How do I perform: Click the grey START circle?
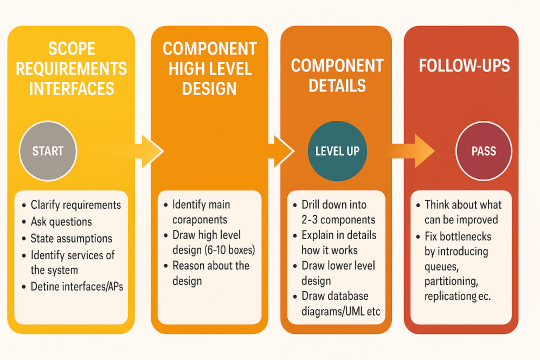pyautogui.click(x=48, y=151)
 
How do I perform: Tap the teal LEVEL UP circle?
pyautogui.click(x=337, y=151)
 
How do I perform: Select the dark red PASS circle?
pyautogui.click(x=484, y=151)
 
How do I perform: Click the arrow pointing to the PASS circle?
pyautogui.click(x=413, y=151)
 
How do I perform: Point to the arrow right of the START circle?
pyautogui.click(x=139, y=151)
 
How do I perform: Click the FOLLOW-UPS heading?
pyautogui.click(x=464, y=65)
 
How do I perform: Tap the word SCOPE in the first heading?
pyautogui.click(x=72, y=49)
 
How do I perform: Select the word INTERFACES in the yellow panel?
pyautogui.click(x=72, y=89)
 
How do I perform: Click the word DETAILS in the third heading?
pyautogui.click(x=337, y=85)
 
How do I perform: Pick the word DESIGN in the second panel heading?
pyautogui.click(x=209, y=89)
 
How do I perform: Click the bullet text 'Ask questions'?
pyautogui.click(x=61, y=222)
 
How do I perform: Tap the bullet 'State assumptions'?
pyautogui.click(x=71, y=238)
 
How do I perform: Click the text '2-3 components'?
pyautogui.click(x=338, y=220)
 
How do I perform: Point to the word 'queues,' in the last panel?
pyautogui.click(x=441, y=267)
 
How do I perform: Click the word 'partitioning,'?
pyautogui.click(x=451, y=282)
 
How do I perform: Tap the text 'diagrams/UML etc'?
pyautogui.click(x=341, y=311)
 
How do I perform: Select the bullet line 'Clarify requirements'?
pyautogui.click(x=76, y=205)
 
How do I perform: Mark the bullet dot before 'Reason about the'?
pyautogui.click(x=166, y=266)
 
